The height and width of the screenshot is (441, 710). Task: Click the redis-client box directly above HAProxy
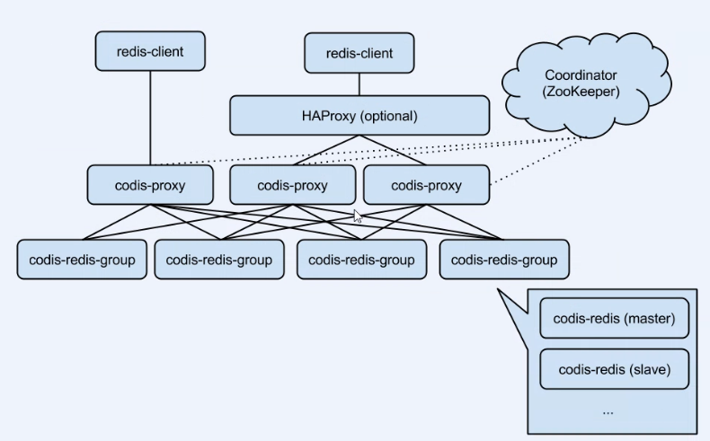(359, 54)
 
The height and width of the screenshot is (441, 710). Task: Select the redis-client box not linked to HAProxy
(150, 51)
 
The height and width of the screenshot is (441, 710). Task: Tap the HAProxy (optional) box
(359, 116)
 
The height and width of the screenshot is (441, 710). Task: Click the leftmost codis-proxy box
(150, 185)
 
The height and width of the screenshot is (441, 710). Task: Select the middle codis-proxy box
(292, 186)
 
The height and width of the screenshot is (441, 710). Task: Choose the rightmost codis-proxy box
(426, 186)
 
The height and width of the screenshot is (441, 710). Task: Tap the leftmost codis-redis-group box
(82, 260)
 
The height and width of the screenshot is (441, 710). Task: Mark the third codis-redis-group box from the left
(361, 260)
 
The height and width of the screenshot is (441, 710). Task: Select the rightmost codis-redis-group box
(503, 260)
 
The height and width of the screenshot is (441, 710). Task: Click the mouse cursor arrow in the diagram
(357, 216)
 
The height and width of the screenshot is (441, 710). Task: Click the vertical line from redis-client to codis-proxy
(150, 117)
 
